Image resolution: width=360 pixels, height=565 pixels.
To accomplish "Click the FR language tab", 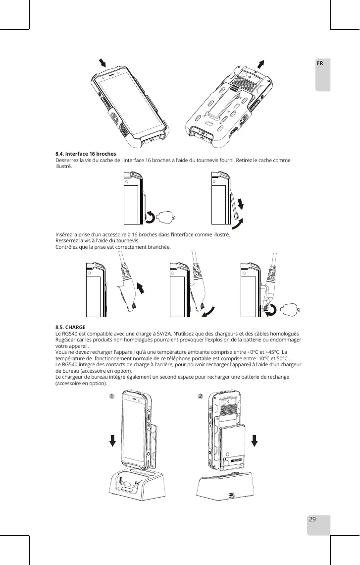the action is click(x=320, y=64).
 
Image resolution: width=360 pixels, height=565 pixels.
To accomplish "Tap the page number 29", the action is click(x=312, y=519).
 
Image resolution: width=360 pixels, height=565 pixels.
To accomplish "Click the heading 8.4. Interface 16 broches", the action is click(x=86, y=155).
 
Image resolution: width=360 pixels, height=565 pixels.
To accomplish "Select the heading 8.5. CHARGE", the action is click(x=70, y=328).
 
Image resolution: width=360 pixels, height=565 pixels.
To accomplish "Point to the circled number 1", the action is click(x=112, y=396).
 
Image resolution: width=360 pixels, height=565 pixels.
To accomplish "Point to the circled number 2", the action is click(x=201, y=396).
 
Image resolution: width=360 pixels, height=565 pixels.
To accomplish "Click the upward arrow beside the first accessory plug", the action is click(x=142, y=288).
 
